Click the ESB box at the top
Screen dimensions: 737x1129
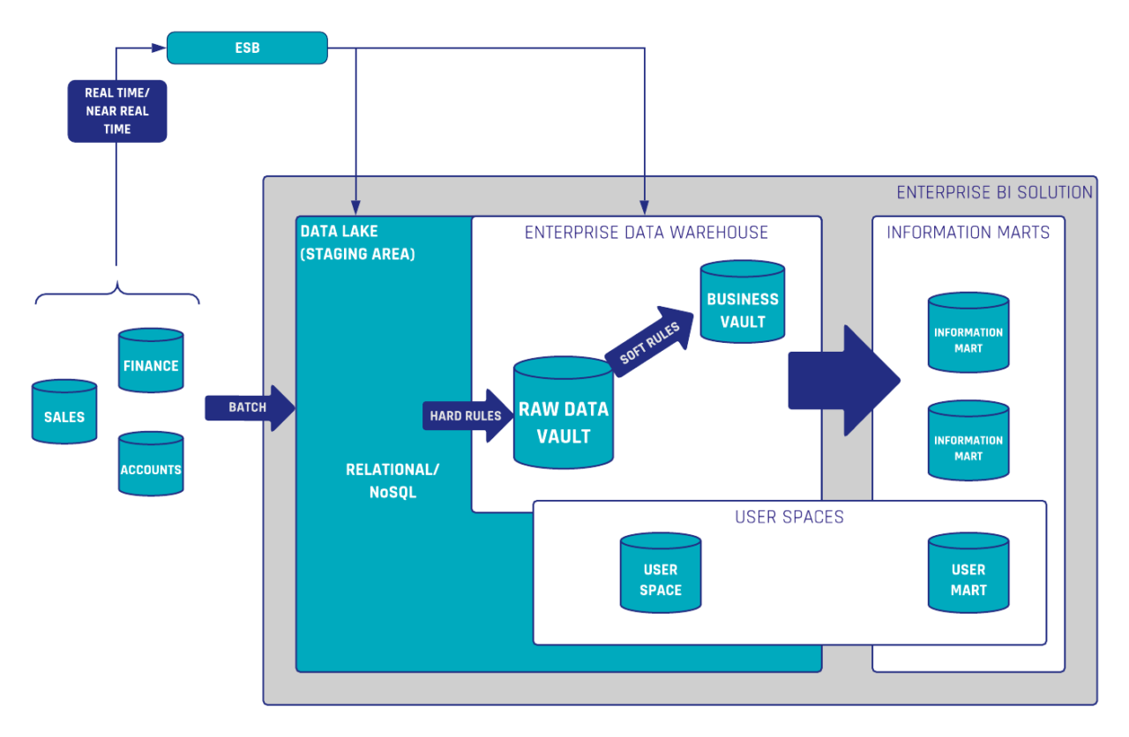point(247,48)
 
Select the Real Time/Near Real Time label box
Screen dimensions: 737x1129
point(117,111)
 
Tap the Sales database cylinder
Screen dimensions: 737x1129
point(64,413)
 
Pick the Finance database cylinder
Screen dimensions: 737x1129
point(151,361)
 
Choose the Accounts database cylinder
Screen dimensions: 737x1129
point(151,465)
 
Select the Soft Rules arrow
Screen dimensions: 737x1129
point(651,342)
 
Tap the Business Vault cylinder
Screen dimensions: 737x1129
point(742,301)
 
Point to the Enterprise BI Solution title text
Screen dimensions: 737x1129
point(994,192)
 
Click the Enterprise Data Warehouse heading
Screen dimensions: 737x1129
point(646,233)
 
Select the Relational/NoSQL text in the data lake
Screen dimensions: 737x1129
point(393,480)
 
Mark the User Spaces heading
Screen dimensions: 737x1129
point(789,517)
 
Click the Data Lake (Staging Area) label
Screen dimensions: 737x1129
point(357,242)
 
